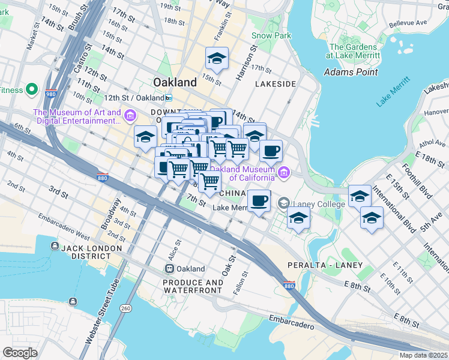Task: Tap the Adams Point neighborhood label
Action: (351, 72)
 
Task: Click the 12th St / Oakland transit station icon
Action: (169, 97)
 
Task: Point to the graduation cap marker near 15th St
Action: (217, 58)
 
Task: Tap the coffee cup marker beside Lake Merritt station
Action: (259, 200)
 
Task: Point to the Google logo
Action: (20, 353)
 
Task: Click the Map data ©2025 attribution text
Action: (423, 355)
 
